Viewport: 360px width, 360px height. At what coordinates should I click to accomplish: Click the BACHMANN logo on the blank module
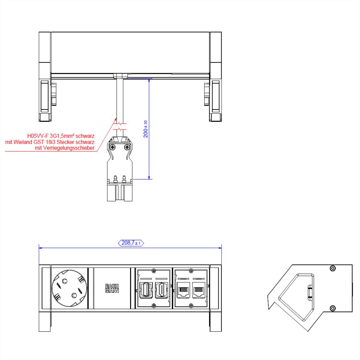[112, 288]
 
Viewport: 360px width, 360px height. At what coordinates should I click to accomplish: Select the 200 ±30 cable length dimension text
[145, 129]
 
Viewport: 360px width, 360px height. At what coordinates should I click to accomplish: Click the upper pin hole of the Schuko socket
[64, 282]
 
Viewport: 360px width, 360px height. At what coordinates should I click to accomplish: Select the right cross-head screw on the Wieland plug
[127, 147]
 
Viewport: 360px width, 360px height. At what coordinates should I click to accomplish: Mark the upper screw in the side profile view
[332, 268]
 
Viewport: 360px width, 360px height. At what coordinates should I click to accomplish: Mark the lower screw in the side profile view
[332, 308]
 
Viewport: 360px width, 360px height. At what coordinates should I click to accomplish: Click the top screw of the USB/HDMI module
[154, 271]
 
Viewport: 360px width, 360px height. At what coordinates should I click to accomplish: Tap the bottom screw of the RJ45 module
[190, 306]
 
